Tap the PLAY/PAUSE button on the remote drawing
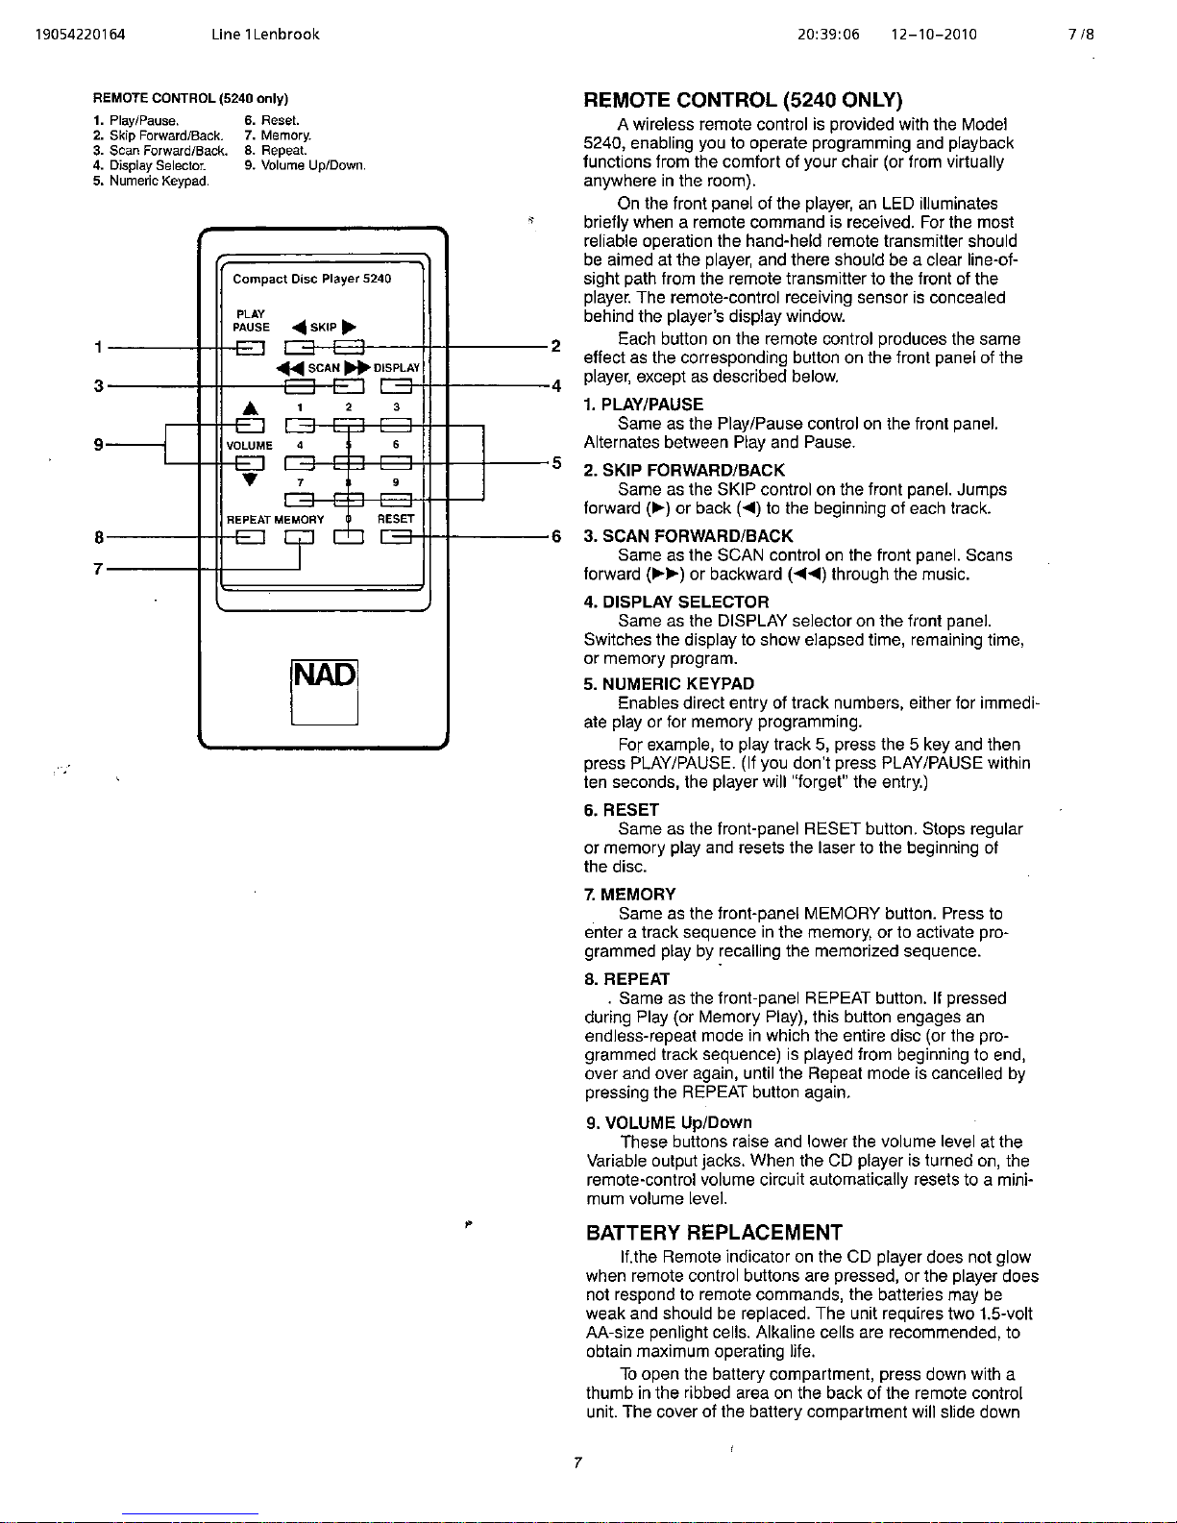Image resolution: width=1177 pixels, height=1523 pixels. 251,348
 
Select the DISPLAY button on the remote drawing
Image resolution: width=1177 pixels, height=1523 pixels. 396,386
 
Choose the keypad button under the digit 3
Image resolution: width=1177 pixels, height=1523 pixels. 396,425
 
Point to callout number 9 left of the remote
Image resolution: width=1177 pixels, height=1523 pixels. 98,445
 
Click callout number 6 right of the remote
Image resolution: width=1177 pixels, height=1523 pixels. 555,537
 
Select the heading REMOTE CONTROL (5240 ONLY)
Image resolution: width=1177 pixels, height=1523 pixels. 743,100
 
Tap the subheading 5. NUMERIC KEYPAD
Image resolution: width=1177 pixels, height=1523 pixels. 669,684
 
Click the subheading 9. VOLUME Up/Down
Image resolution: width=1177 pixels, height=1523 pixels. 669,1122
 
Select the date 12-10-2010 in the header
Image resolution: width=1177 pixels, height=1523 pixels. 933,35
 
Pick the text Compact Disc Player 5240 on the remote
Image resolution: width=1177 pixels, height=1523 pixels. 312,279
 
